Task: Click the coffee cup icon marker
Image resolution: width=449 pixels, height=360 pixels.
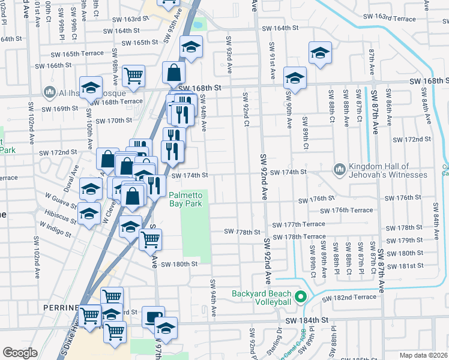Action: pos(152,316)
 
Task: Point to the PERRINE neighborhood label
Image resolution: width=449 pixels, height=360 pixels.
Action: pos(61,308)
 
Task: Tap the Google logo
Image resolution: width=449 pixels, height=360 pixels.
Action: pos(20,353)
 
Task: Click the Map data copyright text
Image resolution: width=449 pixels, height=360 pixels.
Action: pos(423,355)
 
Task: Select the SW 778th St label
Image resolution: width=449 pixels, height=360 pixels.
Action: pos(243,232)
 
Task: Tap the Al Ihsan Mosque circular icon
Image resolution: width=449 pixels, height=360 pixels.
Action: pos(49,92)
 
